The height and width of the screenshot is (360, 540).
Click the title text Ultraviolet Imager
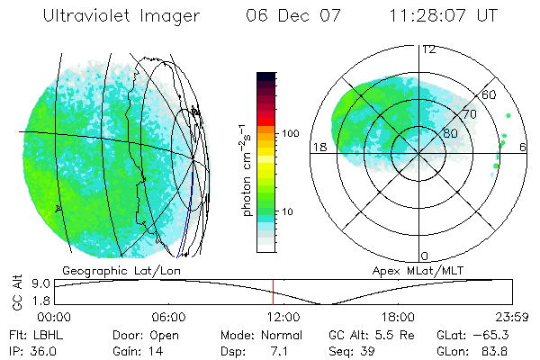click(125, 17)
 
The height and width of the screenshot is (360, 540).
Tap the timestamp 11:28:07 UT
click(444, 17)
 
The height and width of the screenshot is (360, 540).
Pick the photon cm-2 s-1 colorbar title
click(245, 169)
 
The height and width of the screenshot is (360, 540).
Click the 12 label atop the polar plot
click(429, 49)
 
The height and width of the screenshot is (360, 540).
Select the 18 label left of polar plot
click(318, 147)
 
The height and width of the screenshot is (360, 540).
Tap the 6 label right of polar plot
click(523, 147)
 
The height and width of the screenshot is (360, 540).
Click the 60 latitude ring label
click(490, 94)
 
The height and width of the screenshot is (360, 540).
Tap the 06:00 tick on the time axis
click(168, 317)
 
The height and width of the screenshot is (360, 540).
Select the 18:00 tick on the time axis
click(398, 317)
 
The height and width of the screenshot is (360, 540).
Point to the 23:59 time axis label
click(511, 317)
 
